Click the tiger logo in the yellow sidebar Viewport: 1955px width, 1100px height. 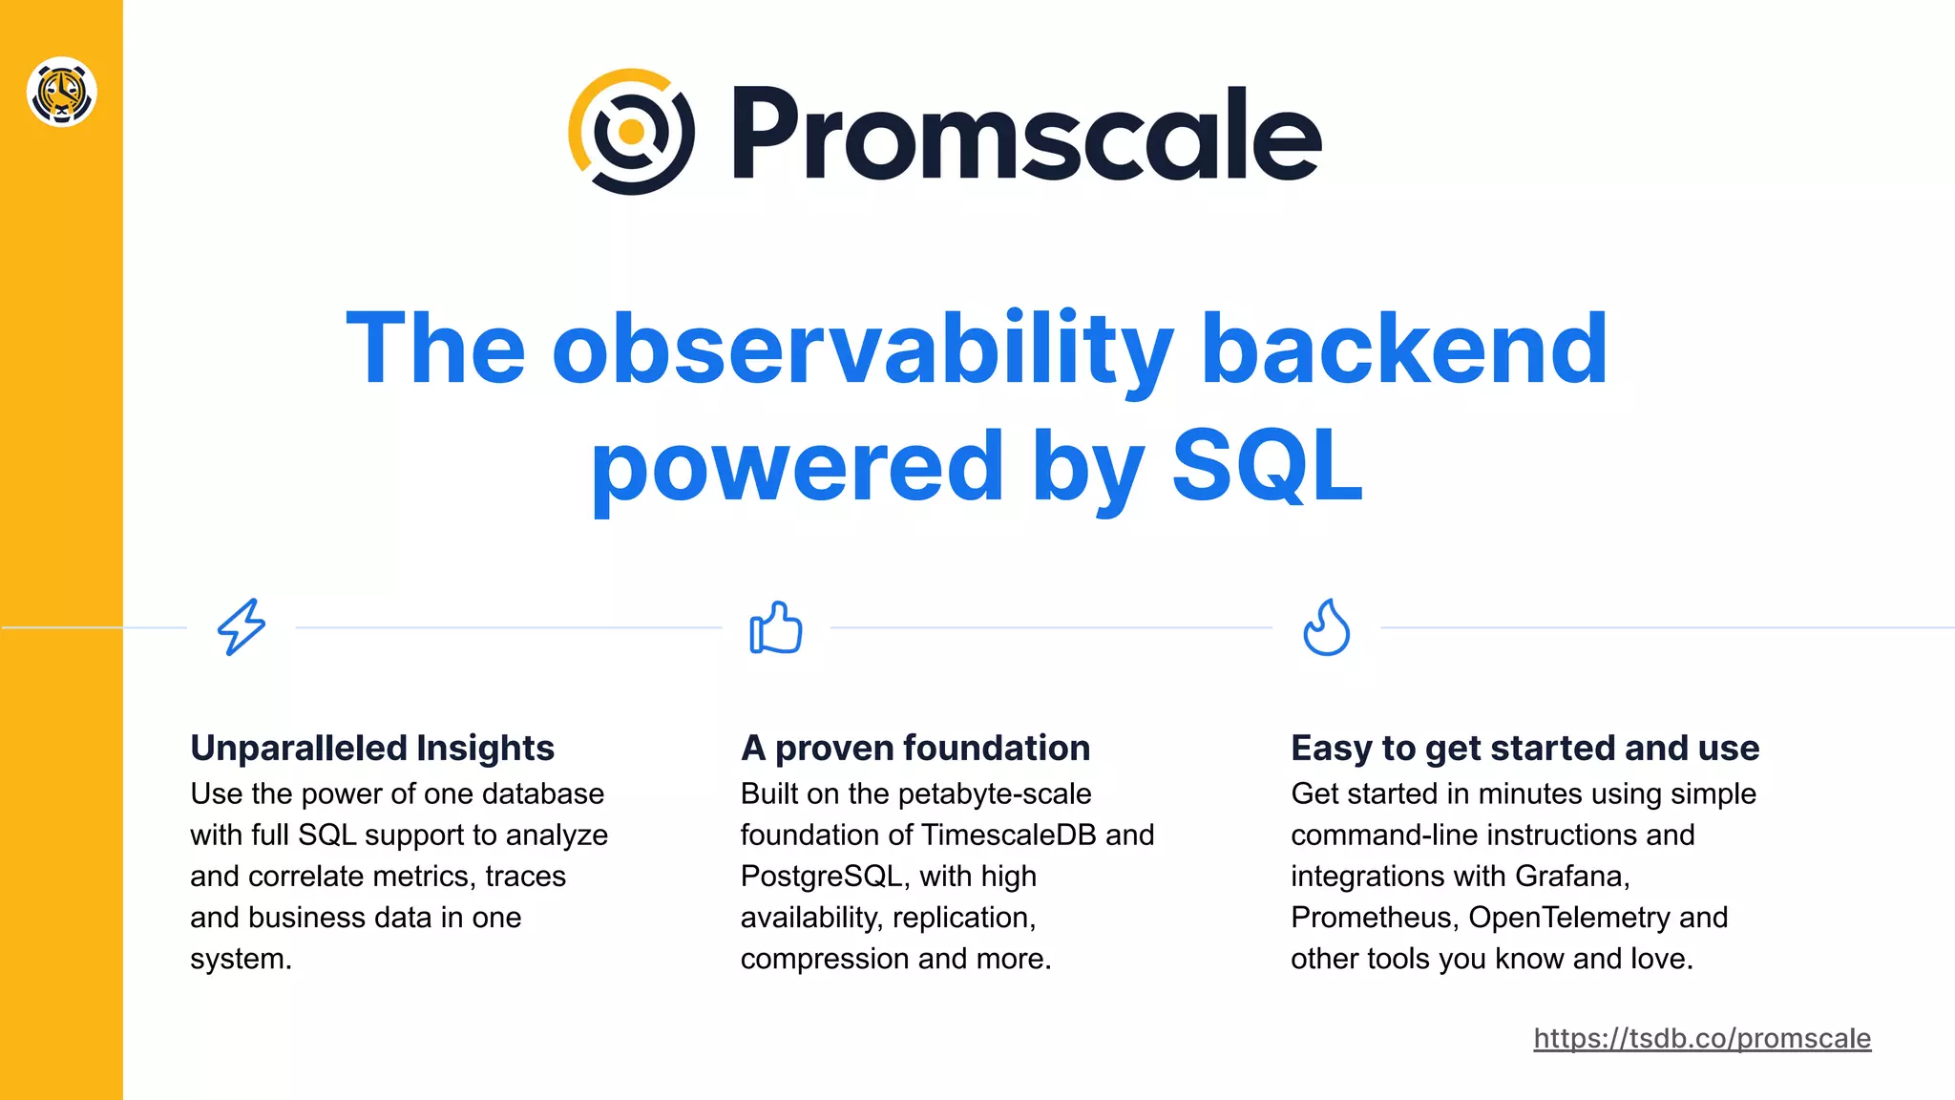click(x=61, y=92)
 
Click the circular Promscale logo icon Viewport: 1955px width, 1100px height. click(x=631, y=132)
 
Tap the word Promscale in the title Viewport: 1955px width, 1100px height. click(x=1026, y=134)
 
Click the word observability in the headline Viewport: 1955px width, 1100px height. click(x=861, y=349)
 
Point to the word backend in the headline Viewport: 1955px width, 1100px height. click(x=1403, y=349)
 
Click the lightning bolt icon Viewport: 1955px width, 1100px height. click(x=242, y=626)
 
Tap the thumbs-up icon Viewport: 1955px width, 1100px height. click(x=775, y=627)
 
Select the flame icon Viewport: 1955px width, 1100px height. click(x=1326, y=627)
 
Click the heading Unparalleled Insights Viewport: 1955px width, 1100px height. click(x=372, y=748)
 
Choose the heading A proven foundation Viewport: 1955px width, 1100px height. click(x=914, y=748)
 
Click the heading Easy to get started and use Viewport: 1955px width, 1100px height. click(x=1524, y=748)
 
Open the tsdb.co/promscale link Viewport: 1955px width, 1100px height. click(x=1701, y=1038)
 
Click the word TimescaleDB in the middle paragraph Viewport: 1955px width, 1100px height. click(x=1009, y=836)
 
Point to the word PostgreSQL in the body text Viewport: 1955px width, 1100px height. click(x=820, y=877)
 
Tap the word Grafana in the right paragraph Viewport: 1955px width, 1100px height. click(x=1571, y=877)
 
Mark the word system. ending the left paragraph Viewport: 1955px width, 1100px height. click(x=241, y=959)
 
